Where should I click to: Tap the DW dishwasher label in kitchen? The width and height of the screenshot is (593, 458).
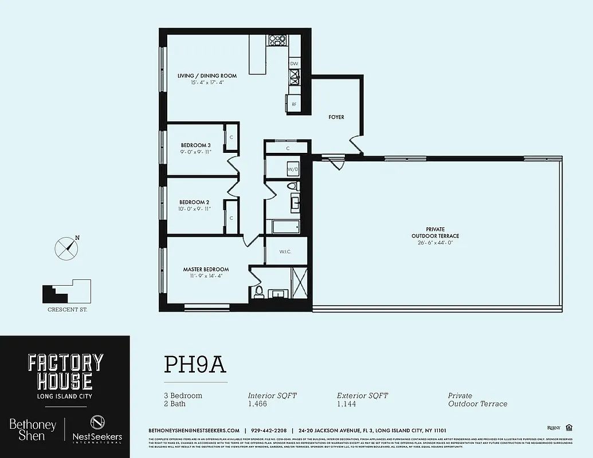293,64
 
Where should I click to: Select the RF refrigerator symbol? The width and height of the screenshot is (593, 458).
293,104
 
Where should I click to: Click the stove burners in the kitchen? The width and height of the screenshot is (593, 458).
277,40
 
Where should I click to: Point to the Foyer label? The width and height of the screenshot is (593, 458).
336,117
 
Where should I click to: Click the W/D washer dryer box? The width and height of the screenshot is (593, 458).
293,169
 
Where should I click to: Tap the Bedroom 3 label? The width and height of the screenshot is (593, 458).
195,145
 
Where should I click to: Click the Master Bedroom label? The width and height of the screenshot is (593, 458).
206,269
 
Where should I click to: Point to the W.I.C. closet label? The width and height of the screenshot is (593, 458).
286,251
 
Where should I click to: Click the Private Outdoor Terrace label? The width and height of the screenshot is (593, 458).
435,232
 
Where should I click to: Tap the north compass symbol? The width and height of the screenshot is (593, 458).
66,247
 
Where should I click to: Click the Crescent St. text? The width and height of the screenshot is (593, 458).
67,310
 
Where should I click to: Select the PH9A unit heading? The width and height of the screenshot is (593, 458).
195,364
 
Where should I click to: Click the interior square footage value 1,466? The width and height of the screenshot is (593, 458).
257,404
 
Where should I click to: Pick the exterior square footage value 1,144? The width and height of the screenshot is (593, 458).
346,404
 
